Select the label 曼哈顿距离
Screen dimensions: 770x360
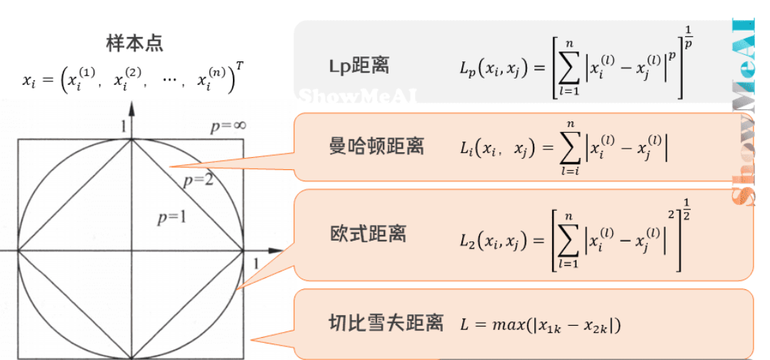pos(376,146)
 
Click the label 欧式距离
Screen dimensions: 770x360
pos(369,234)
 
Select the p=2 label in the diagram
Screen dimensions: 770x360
pos(198,179)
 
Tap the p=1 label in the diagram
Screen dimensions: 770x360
pos(171,217)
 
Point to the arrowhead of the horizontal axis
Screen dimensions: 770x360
pos(276,251)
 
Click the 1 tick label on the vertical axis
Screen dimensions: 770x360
pos(123,127)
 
